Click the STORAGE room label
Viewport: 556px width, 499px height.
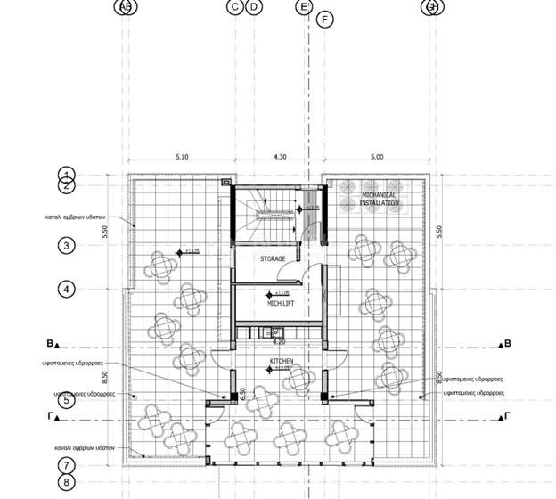[273, 258]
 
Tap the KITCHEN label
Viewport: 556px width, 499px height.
[282, 361]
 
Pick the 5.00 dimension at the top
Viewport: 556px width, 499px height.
[376, 157]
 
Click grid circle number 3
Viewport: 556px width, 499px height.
[66, 245]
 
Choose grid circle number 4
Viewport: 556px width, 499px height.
[66, 289]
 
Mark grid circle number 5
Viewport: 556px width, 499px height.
[66, 401]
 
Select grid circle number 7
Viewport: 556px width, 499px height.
[66, 464]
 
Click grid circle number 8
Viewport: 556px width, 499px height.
[66, 482]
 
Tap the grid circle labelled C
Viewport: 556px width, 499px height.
[235, 7]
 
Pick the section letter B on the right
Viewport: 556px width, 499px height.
[507, 343]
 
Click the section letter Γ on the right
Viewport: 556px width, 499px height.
[507, 416]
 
